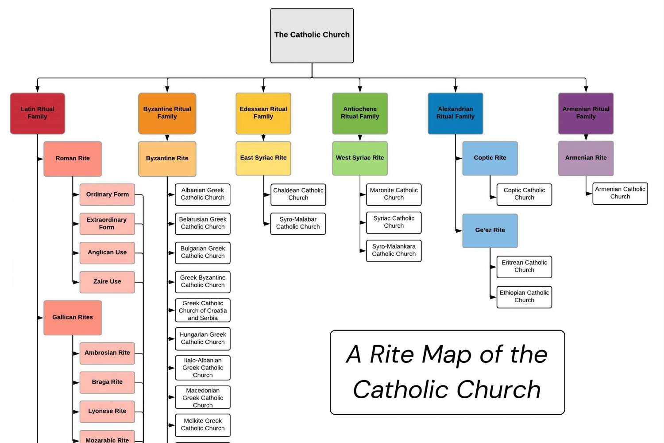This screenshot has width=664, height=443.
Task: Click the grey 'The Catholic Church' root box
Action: (312, 35)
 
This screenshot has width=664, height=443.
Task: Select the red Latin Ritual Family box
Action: (37, 113)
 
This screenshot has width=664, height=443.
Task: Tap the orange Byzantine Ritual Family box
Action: (167, 113)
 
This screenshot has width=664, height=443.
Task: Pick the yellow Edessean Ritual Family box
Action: (263, 113)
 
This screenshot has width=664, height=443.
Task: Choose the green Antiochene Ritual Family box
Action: (359, 113)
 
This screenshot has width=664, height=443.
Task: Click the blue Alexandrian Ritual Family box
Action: (455, 113)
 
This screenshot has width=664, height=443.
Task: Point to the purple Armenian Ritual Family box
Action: (586, 113)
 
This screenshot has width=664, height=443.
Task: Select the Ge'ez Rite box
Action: (490, 230)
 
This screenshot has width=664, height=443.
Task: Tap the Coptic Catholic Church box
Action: (524, 194)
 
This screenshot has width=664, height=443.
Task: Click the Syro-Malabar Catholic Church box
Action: (297, 224)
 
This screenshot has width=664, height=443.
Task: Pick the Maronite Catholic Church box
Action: (394, 194)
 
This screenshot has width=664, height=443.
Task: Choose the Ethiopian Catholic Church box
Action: (524, 297)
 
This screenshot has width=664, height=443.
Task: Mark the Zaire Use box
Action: (107, 282)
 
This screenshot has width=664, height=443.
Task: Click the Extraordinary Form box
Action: (107, 224)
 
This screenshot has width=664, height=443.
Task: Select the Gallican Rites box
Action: (73, 318)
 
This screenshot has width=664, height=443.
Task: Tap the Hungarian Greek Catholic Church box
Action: (202, 339)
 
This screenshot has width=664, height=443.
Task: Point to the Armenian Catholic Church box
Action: (620, 193)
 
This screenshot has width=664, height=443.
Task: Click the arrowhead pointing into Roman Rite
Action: (41, 159)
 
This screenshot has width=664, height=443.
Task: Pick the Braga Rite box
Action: (107, 382)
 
